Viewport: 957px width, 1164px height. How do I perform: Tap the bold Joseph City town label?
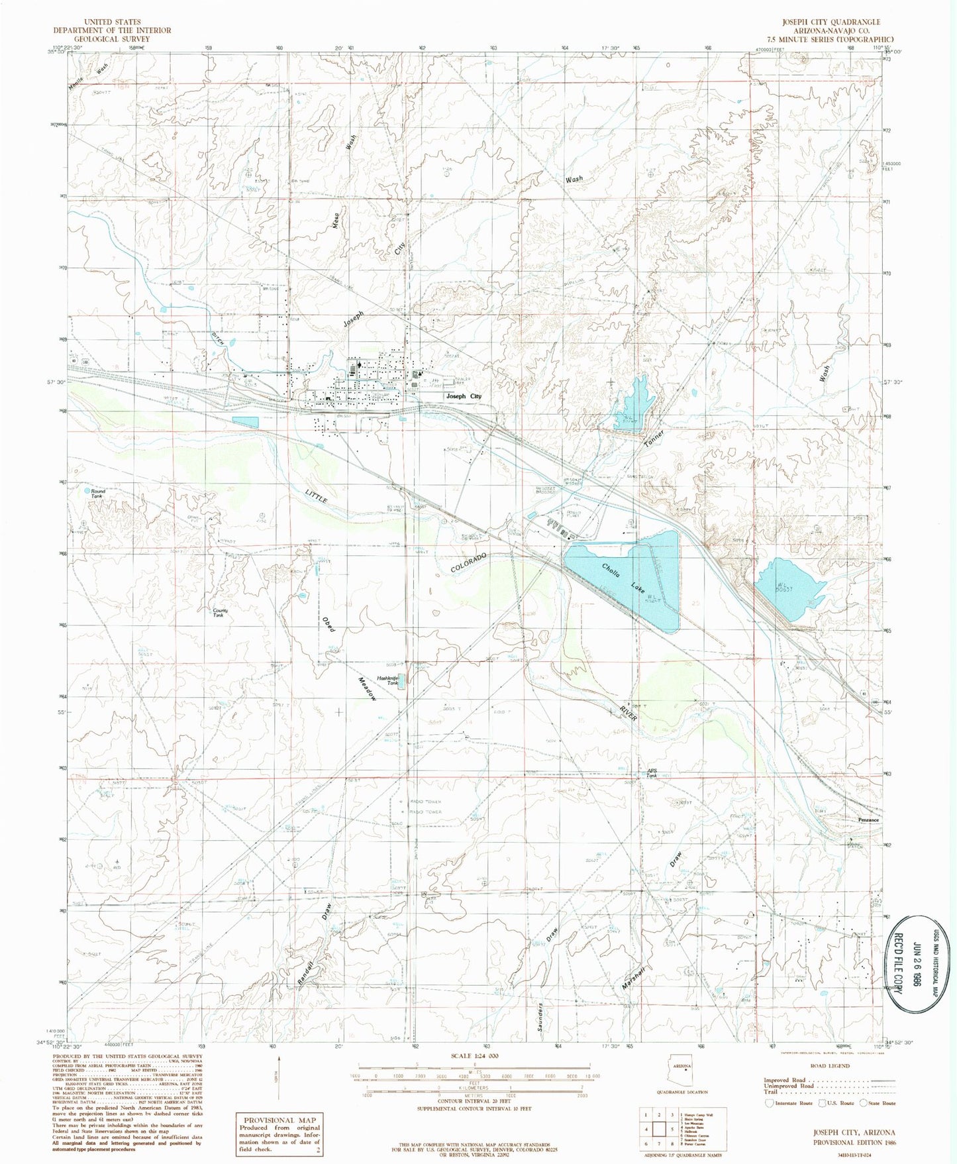click(x=464, y=396)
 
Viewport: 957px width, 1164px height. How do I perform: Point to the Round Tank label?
click(x=97, y=493)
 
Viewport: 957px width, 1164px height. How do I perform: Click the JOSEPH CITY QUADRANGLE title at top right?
click(x=831, y=22)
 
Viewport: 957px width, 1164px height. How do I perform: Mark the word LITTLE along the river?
click(x=317, y=497)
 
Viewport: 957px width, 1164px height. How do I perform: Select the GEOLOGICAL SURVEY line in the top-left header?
click(x=112, y=39)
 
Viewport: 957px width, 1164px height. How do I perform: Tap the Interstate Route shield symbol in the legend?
click(x=769, y=1103)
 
